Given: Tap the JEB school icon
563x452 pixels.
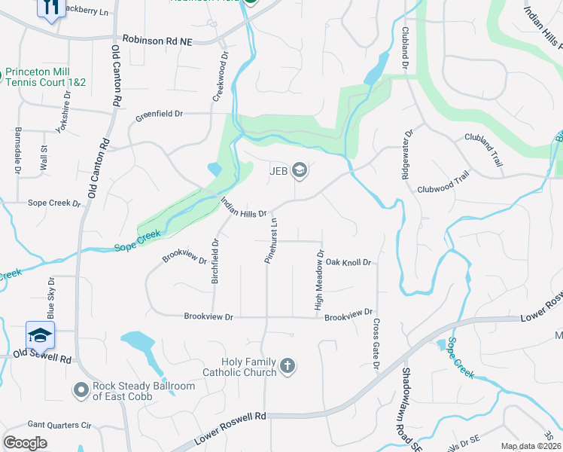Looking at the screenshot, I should (300, 170).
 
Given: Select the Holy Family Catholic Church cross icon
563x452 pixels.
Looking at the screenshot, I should (287, 367).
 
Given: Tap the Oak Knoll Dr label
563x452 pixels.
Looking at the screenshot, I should (348, 262).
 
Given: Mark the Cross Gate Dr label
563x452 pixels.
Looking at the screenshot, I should (376, 344).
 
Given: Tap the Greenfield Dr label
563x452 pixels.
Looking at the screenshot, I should (159, 115).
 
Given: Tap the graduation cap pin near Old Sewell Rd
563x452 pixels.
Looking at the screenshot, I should (40, 334).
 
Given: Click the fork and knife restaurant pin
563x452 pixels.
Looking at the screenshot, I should (51, 8).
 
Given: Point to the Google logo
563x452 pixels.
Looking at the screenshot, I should (25, 443).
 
